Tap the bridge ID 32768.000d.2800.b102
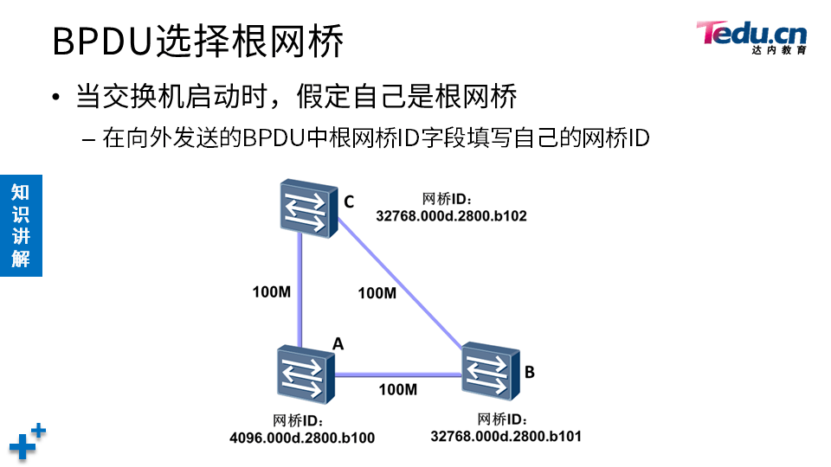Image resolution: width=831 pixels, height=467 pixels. point(451,215)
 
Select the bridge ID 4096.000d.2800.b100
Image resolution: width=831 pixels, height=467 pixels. point(301,438)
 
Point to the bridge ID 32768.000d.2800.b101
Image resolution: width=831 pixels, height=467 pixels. point(506,436)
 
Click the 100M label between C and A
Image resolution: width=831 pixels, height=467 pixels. point(271,291)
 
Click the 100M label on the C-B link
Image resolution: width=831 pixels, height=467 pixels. point(377,293)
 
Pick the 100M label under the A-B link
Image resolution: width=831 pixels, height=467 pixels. point(397,389)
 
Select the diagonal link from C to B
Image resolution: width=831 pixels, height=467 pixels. point(398,286)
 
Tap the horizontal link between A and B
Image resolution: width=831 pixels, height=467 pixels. point(398,374)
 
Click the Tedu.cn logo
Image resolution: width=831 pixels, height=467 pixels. point(751,37)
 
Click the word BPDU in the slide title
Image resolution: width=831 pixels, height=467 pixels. point(102,42)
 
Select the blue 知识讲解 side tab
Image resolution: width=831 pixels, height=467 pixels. point(21,225)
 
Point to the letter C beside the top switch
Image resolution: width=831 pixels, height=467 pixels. point(348,202)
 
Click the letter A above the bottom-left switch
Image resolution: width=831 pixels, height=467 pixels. point(338,343)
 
